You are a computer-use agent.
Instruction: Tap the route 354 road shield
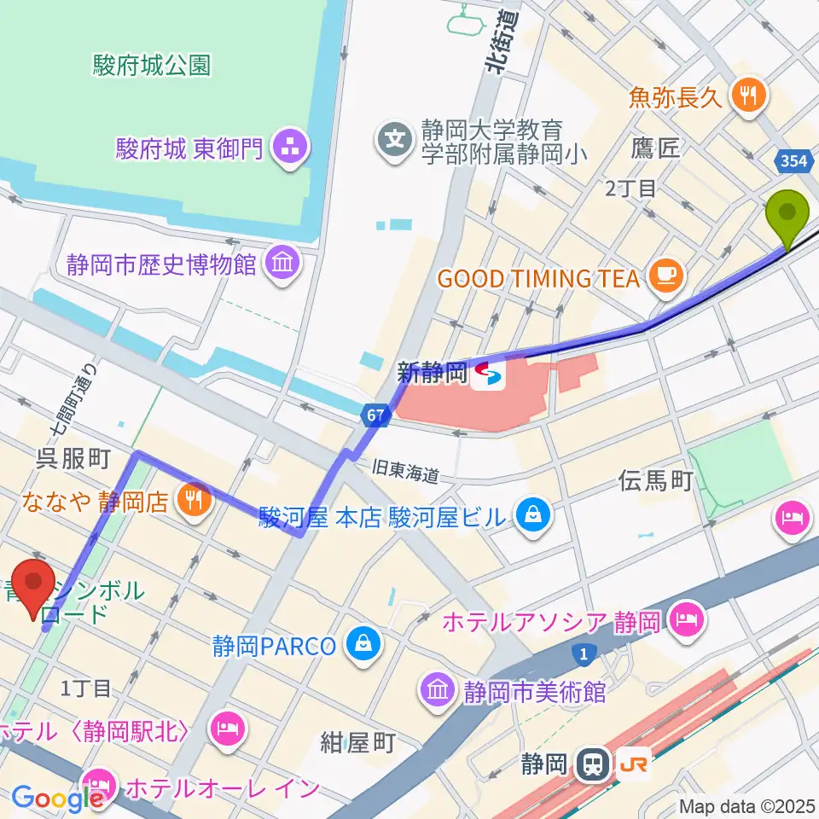[792, 160]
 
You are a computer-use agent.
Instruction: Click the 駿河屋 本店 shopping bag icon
[533, 514]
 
